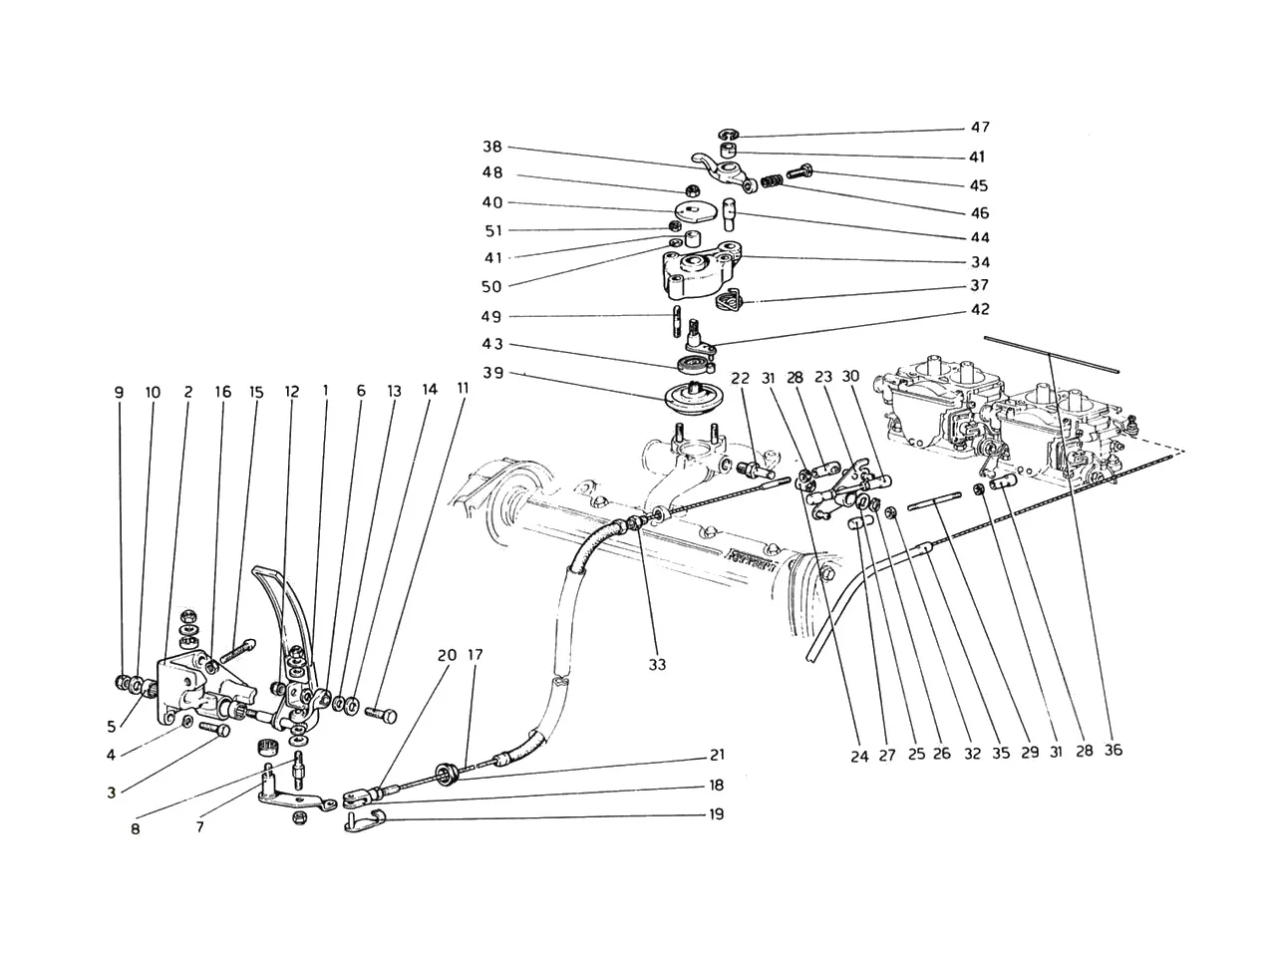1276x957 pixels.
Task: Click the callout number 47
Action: point(980,128)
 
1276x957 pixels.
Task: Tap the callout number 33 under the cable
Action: point(657,664)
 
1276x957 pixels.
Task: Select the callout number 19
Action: point(717,814)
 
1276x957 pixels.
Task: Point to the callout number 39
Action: point(493,373)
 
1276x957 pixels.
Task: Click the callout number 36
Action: point(1113,750)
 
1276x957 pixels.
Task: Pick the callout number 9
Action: point(120,393)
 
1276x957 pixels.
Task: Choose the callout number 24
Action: point(859,756)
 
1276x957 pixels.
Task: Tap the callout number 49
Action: point(493,317)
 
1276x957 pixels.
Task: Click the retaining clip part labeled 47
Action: point(730,136)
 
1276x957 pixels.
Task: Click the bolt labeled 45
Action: point(799,172)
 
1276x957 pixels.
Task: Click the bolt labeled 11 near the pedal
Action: point(382,714)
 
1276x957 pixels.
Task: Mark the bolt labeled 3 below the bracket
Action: point(214,730)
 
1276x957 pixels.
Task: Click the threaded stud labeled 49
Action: point(677,322)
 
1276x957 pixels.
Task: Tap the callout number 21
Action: point(717,755)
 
